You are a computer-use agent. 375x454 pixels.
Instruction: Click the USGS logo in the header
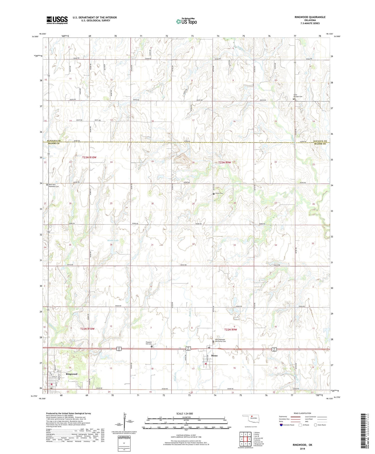(x=57, y=20)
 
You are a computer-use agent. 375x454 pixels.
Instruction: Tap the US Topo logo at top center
(x=186, y=21)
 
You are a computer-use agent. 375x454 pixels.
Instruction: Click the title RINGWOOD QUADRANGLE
(x=310, y=17)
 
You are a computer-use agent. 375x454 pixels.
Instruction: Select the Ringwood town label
(x=72, y=374)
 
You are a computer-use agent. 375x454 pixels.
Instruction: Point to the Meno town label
(x=214, y=355)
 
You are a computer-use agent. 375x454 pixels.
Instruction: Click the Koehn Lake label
(x=113, y=241)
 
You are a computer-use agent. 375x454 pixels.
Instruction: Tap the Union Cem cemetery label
(x=219, y=193)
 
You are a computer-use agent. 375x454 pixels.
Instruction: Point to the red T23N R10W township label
(x=89, y=158)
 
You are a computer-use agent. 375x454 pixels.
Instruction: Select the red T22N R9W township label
(x=230, y=329)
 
